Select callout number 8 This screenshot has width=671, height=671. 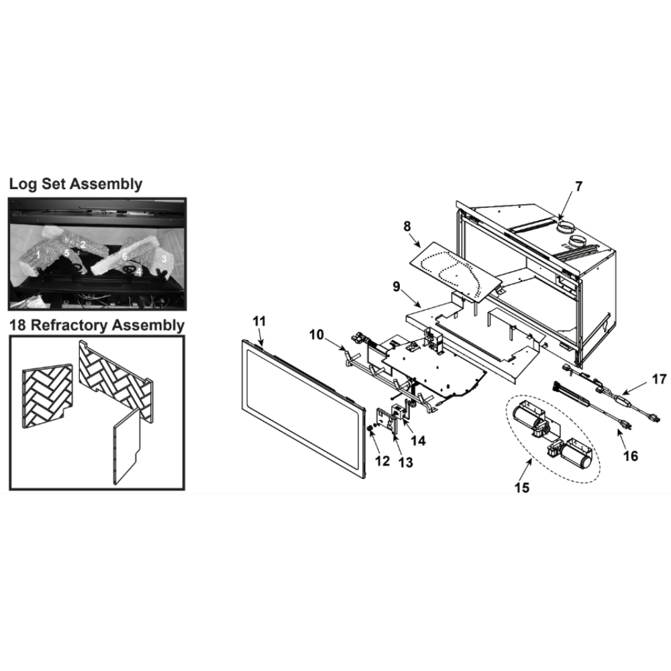click(x=407, y=227)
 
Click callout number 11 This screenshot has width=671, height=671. click(x=260, y=321)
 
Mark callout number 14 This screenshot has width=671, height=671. click(x=419, y=440)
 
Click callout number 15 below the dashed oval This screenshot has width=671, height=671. click(x=522, y=487)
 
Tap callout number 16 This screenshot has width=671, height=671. click(x=630, y=456)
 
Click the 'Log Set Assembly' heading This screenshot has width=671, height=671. click(x=75, y=184)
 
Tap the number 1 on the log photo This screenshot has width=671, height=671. click(x=39, y=255)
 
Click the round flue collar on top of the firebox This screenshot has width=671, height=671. click(x=569, y=223)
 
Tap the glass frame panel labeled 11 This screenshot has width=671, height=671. click(x=302, y=409)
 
